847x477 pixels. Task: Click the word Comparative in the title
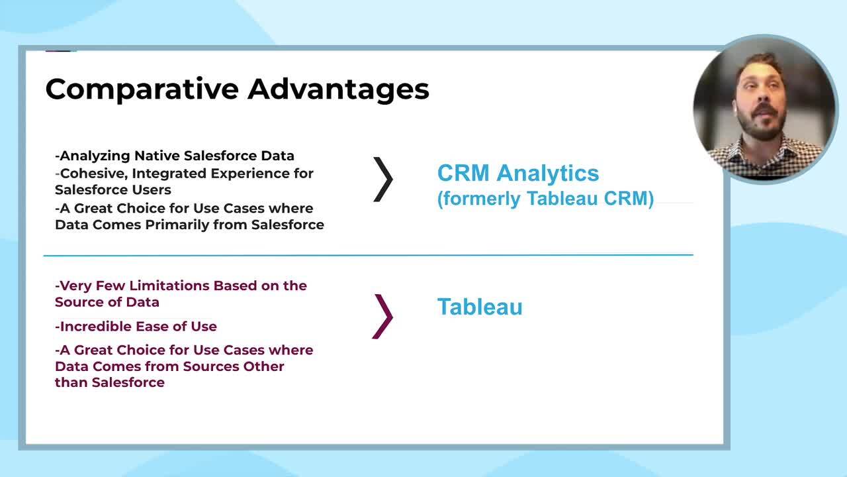pos(142,89)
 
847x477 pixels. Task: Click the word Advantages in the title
pos(338,89)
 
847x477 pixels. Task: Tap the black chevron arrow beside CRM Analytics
pos(383,180)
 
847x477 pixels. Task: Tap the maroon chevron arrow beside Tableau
pos(382,317)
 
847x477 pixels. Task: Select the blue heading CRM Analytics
pos(518,173)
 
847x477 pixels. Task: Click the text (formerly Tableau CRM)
pos(545,198)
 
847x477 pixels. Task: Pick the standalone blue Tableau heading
pos(480,307)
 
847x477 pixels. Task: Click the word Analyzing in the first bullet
pos(95,156)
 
